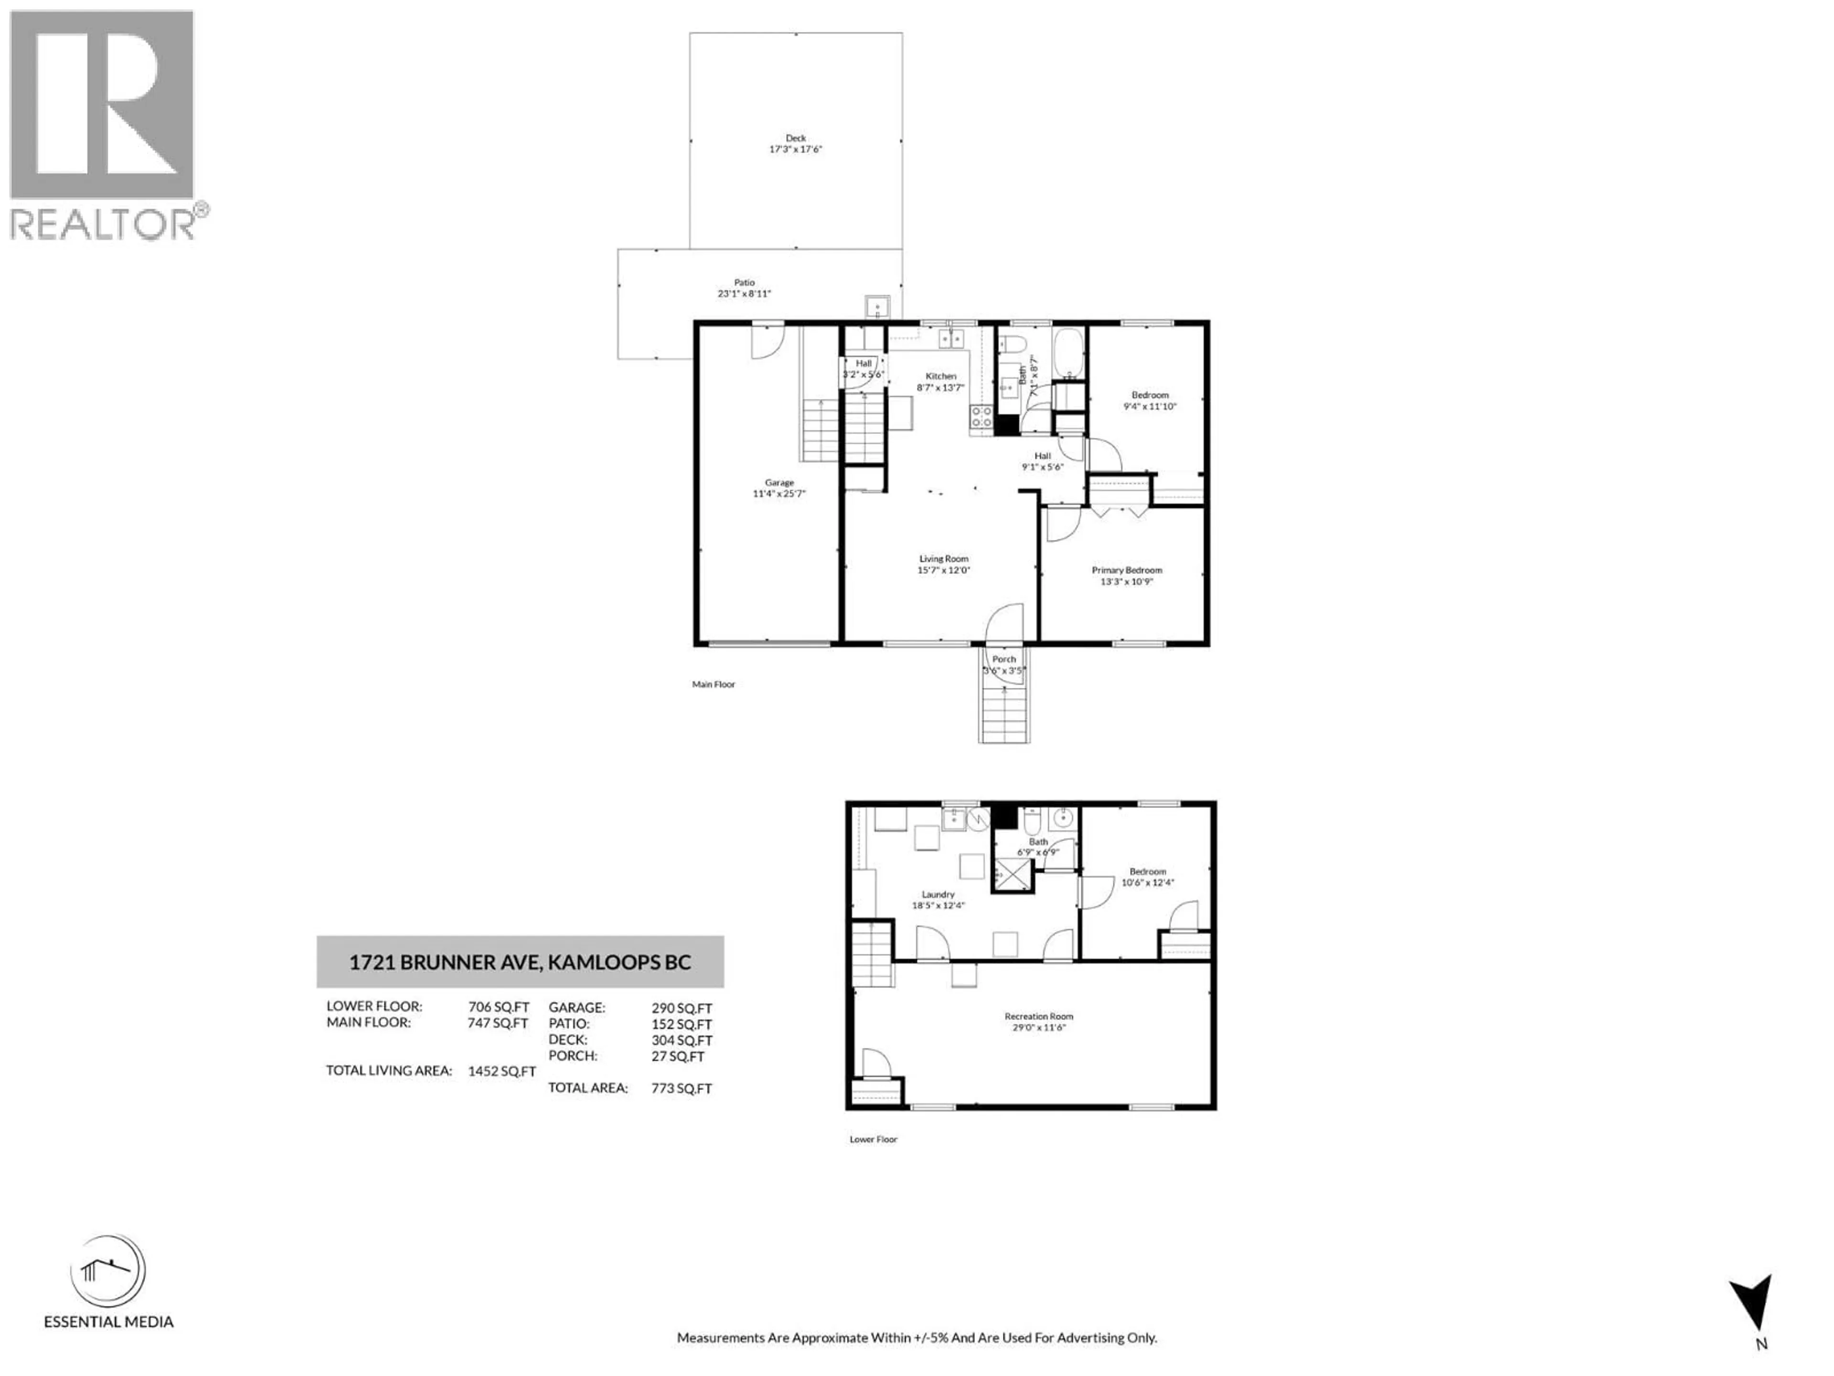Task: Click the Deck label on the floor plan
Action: click(795, 138)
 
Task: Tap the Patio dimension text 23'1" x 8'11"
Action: click(744, 294)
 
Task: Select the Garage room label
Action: click(778, 483)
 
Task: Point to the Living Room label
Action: click(943, 559)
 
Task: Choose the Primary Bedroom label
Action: click(1126, 570)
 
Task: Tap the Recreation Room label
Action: click(1038, 1016)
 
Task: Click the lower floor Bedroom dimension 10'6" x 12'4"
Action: click(1148, 882)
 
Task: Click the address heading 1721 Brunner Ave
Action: click(519, 963)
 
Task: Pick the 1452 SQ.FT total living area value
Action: click(501, 1071)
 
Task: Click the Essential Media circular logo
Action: click(108, 1271)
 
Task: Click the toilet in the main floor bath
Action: click(1013, 344)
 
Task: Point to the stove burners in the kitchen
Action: click(981, 416)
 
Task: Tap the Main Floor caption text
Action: click(713, 684)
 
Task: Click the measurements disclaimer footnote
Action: click(916, 1337)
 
